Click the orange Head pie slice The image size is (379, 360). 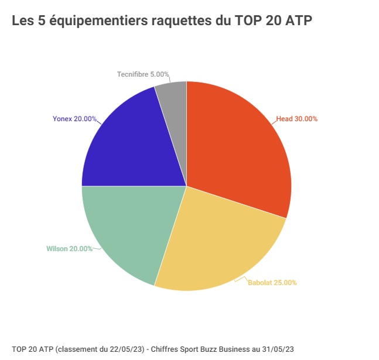(240, 146)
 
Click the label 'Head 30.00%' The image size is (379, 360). (297, 119)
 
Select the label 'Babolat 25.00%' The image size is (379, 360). (272, 283)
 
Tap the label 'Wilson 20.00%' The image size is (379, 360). (69, 249)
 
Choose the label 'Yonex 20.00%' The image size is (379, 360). (74, 119)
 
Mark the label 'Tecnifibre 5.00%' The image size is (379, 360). (143, 75)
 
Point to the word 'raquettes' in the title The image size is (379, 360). (179, 22)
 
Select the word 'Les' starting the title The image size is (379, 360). (22, 22)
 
